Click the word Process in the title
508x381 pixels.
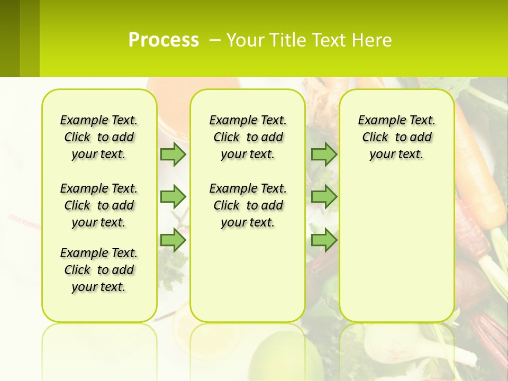click(x=164, y=40)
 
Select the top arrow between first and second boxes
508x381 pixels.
click(x=173, y=154)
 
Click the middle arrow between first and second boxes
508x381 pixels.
click(x=173, y=197)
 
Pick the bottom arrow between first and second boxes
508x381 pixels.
click(x=173, y=240)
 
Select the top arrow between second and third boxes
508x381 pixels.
click(x=324, y=154)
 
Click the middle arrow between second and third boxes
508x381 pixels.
click(x=324, y=197)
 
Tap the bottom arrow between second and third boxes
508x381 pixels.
click(x=324, y=240)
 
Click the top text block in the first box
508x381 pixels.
click(x=99, y=137)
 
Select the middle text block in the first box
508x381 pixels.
click(x=99, y=205)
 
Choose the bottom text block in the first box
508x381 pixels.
click(x=99, y=270)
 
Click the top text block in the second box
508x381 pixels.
click(x=248, y=137)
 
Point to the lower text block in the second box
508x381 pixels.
click(x=248, y=205)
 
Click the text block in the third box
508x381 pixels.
click(x=396, y=137)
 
